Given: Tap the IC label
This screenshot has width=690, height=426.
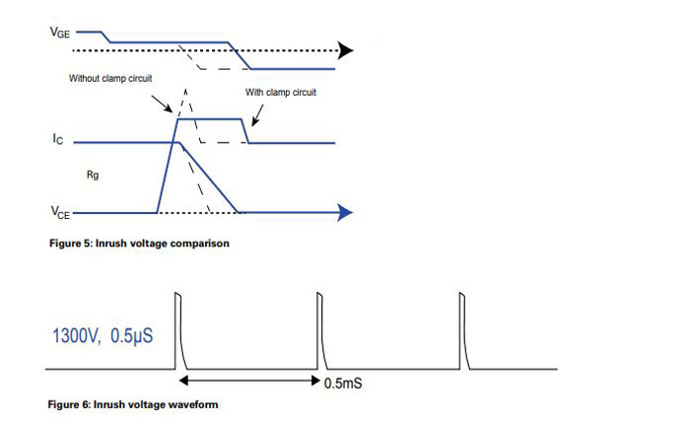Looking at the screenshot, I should [x=58, y=141].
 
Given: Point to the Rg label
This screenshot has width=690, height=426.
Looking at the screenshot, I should [x=92, y=174].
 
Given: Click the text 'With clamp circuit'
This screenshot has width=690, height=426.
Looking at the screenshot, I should [x=285, y=93].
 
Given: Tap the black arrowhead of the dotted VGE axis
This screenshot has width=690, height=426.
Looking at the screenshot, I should [x=345, y=49].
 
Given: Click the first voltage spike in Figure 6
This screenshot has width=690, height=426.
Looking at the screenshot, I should [x=178, y=330].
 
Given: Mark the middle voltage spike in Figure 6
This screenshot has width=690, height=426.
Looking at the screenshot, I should [x=319, y=330].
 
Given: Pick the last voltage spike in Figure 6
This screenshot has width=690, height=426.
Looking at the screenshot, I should [x=461, y=330].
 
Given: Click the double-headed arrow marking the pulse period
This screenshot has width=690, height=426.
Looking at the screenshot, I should [x=248, y=380].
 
